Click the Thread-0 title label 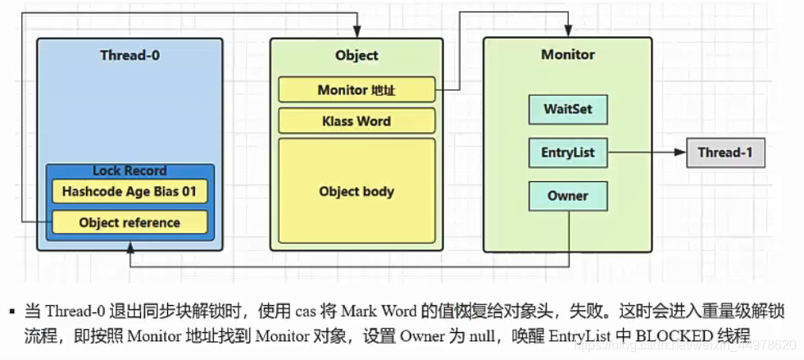[x=129, y=55]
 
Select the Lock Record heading [x=129, y=171]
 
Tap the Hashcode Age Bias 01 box [x=129, y=191]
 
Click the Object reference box [x=129, y=222]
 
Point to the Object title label [x=357, y=55]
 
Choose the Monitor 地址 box [x=357, y=89]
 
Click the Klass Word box [x=357, y=121]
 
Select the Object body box [x=357, y=191]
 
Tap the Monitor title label [x=568, y=54]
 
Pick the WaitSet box [x=567, y=109]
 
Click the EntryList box [x=567, y=153]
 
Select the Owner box [x=567, y=196]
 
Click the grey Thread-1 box [x=725, y=153]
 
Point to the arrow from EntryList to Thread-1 [x=647, y=153]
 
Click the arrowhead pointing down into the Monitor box [x=568, y=32]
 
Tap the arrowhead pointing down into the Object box [x=357, y=32]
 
